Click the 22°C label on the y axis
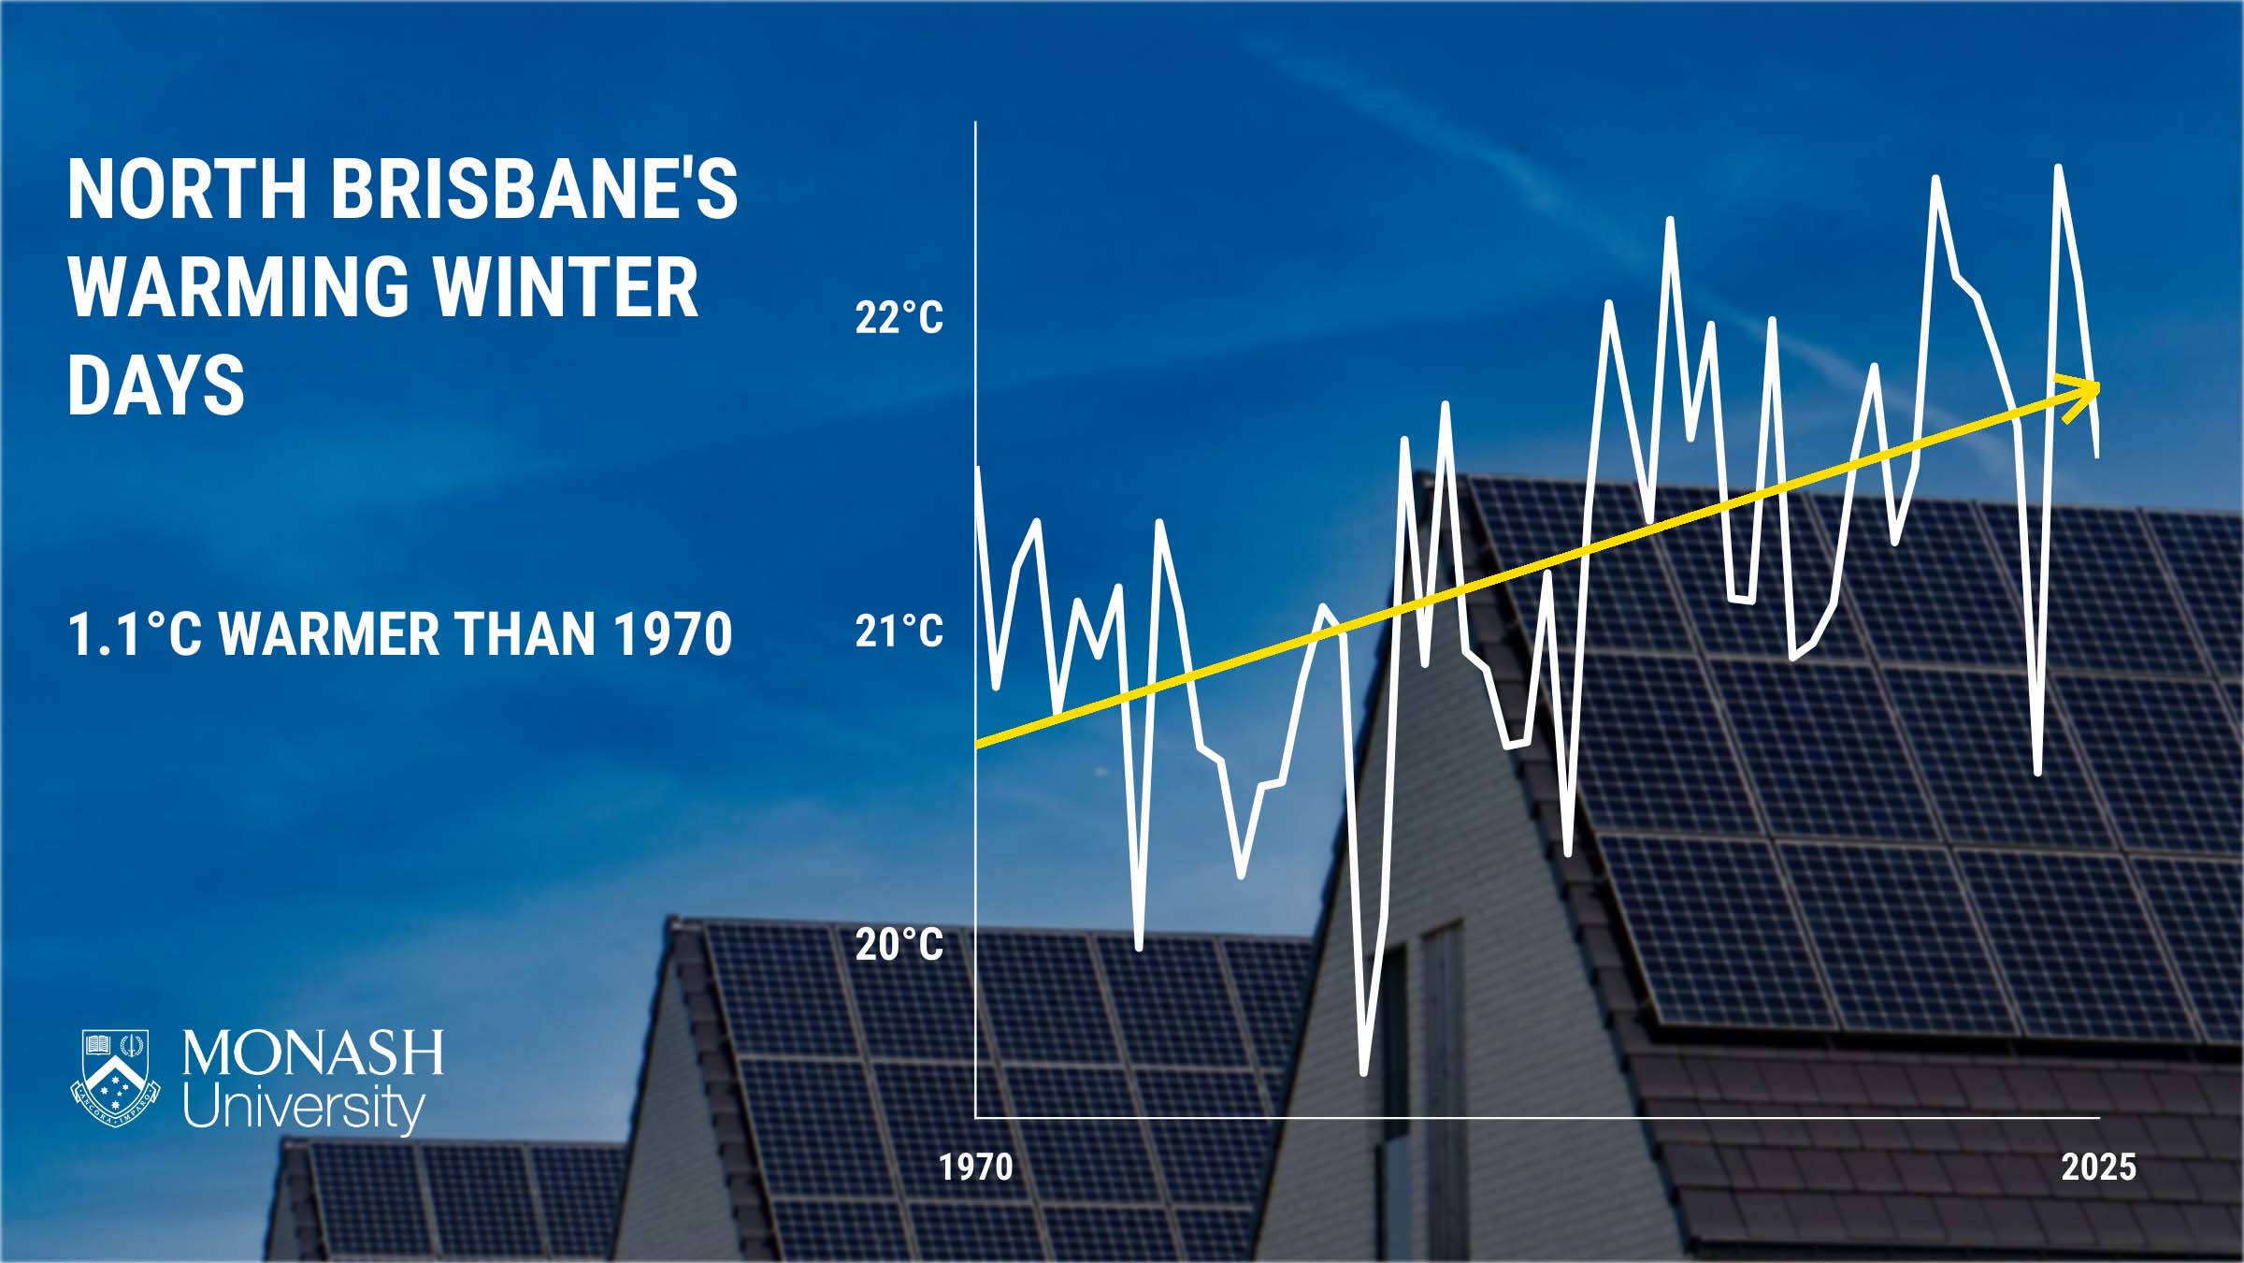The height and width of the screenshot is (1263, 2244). coord(899,318)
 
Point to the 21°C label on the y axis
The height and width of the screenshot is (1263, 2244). coord(899,631)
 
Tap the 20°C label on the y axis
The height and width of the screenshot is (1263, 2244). coord(899,945)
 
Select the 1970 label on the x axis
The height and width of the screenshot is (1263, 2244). coord(976,1168)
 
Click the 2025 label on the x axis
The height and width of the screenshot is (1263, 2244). coord(2099,1168)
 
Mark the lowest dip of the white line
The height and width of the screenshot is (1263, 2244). coord(1363,1072)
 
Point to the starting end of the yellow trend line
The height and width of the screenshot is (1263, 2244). coord(977,745)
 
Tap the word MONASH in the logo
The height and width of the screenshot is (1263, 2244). coord(313,1053)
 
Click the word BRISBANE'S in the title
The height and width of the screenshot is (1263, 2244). coord(534,189)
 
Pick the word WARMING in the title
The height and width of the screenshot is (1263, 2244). coord(238,287)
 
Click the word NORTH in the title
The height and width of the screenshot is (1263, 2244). coord(187,189)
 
